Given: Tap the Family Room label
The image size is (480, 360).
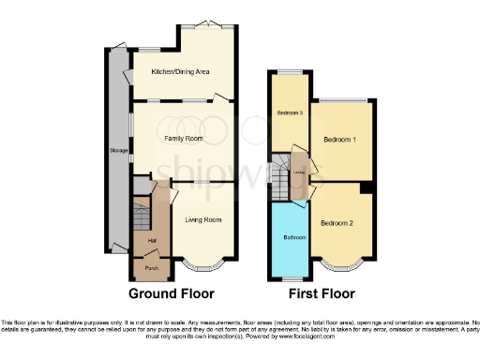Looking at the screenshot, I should tap(184, 138).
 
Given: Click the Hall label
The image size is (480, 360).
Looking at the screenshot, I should tap(151, 240).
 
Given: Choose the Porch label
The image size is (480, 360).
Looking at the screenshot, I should tap(151, 268).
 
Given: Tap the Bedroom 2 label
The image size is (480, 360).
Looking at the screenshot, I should tap(336, 223).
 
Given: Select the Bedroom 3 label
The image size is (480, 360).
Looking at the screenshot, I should tap(289, 113).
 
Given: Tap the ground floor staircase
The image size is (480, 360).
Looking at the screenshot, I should tap(140, 211).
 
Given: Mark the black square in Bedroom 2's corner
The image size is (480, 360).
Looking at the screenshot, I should tap(366, 188).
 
